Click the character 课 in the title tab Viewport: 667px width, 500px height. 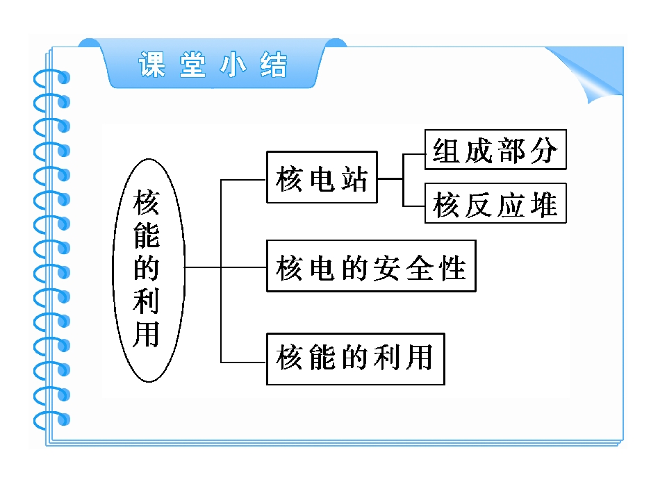click(152, 65)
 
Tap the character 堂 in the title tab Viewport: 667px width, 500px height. click(192, 65)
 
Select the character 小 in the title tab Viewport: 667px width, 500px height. click(233, 65)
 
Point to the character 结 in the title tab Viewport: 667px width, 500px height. click(274, 65)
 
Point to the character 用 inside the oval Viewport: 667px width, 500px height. click(147, 334)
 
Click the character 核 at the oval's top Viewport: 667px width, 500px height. click(147, 203)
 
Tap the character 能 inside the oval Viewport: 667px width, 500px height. click(147, 235)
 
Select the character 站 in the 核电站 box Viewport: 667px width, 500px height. click(354, 178)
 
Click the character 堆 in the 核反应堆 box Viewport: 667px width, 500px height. click(543, 204)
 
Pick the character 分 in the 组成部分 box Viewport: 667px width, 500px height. click(543, 151)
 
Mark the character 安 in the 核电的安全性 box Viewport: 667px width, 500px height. click(386, 268)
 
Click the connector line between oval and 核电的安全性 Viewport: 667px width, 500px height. click(225, 267)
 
